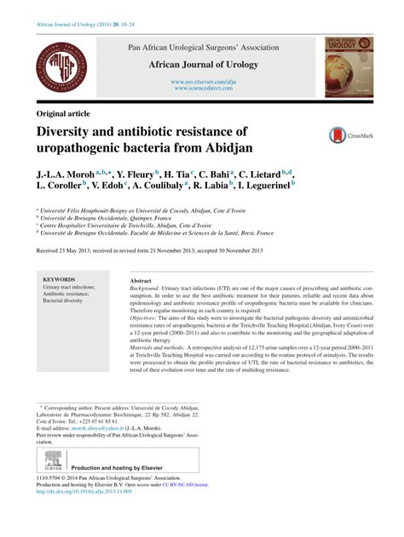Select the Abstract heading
pos(141,280)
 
